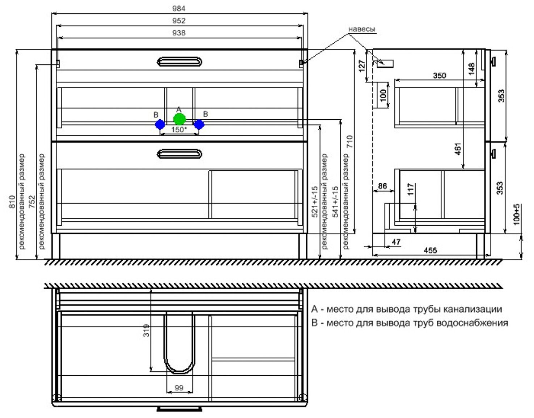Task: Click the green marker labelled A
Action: [179, 119]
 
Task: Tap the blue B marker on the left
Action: [160, 125]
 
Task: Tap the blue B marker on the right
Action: [199, 125]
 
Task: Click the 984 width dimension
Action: [179, 9]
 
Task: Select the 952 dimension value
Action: [179, 21]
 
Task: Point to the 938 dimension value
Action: [179, 33]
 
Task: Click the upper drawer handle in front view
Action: [179, 62]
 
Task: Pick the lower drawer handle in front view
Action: [179, 154]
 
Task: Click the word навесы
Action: [362, 29]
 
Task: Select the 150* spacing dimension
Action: [179, 130]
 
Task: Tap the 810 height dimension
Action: [12, 201]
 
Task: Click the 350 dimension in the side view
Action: [440, 76]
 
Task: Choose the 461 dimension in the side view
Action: [458, 149]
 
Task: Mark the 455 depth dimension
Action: [430, 250]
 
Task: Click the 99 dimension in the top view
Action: [179, 388]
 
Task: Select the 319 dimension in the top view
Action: [146, 330]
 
